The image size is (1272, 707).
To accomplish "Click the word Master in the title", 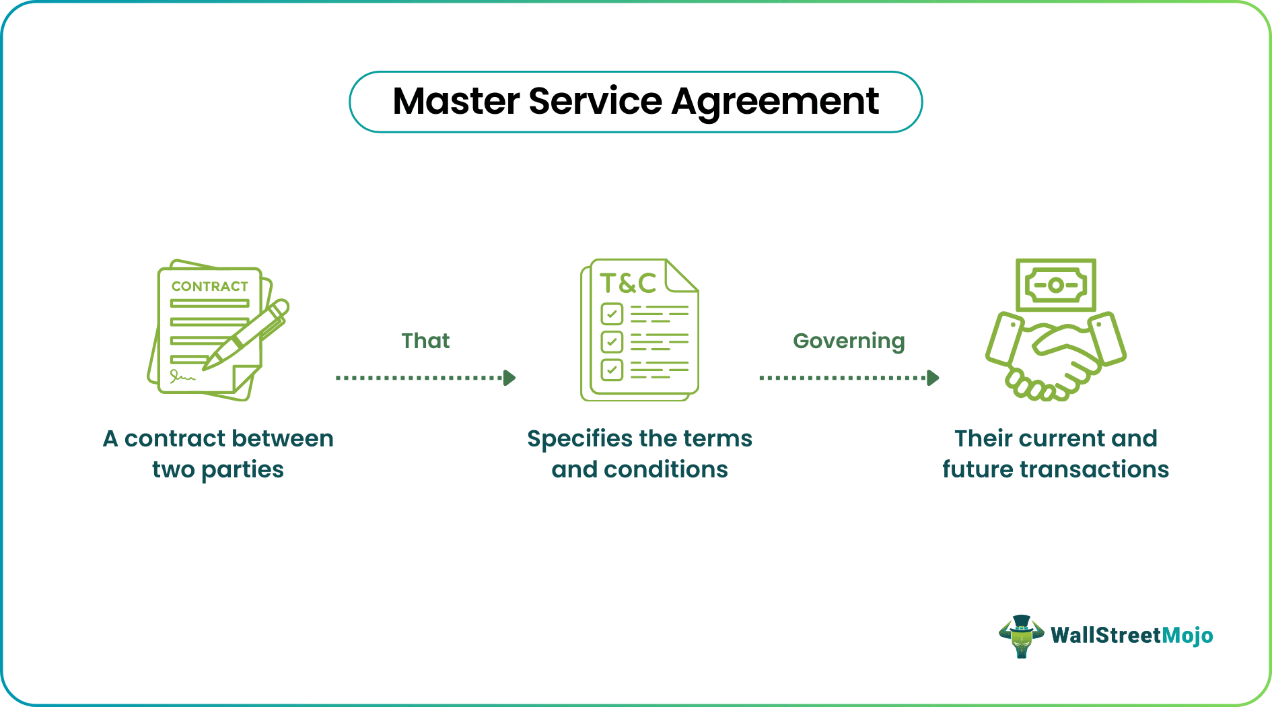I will (456, 102).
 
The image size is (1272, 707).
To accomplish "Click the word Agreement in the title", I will (775, 102).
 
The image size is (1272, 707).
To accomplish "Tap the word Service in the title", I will (596, 102).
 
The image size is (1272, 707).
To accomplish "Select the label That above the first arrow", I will (425, 341).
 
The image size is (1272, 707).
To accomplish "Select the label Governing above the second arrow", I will (848, 341).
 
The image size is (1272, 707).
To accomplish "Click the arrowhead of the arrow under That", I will (510, 378).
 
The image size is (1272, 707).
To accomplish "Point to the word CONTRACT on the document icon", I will (209, 286).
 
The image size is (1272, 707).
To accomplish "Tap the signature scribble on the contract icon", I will (182, 376).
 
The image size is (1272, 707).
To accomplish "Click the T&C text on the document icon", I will (627, 283).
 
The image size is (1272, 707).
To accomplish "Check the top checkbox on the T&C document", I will (612, 314).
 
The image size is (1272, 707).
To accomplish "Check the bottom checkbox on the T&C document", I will (612, 370).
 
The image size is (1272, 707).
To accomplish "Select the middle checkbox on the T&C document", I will (612, 341).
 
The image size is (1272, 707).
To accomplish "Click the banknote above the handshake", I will (1055, 285).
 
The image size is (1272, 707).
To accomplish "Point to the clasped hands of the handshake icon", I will (1055, 360).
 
